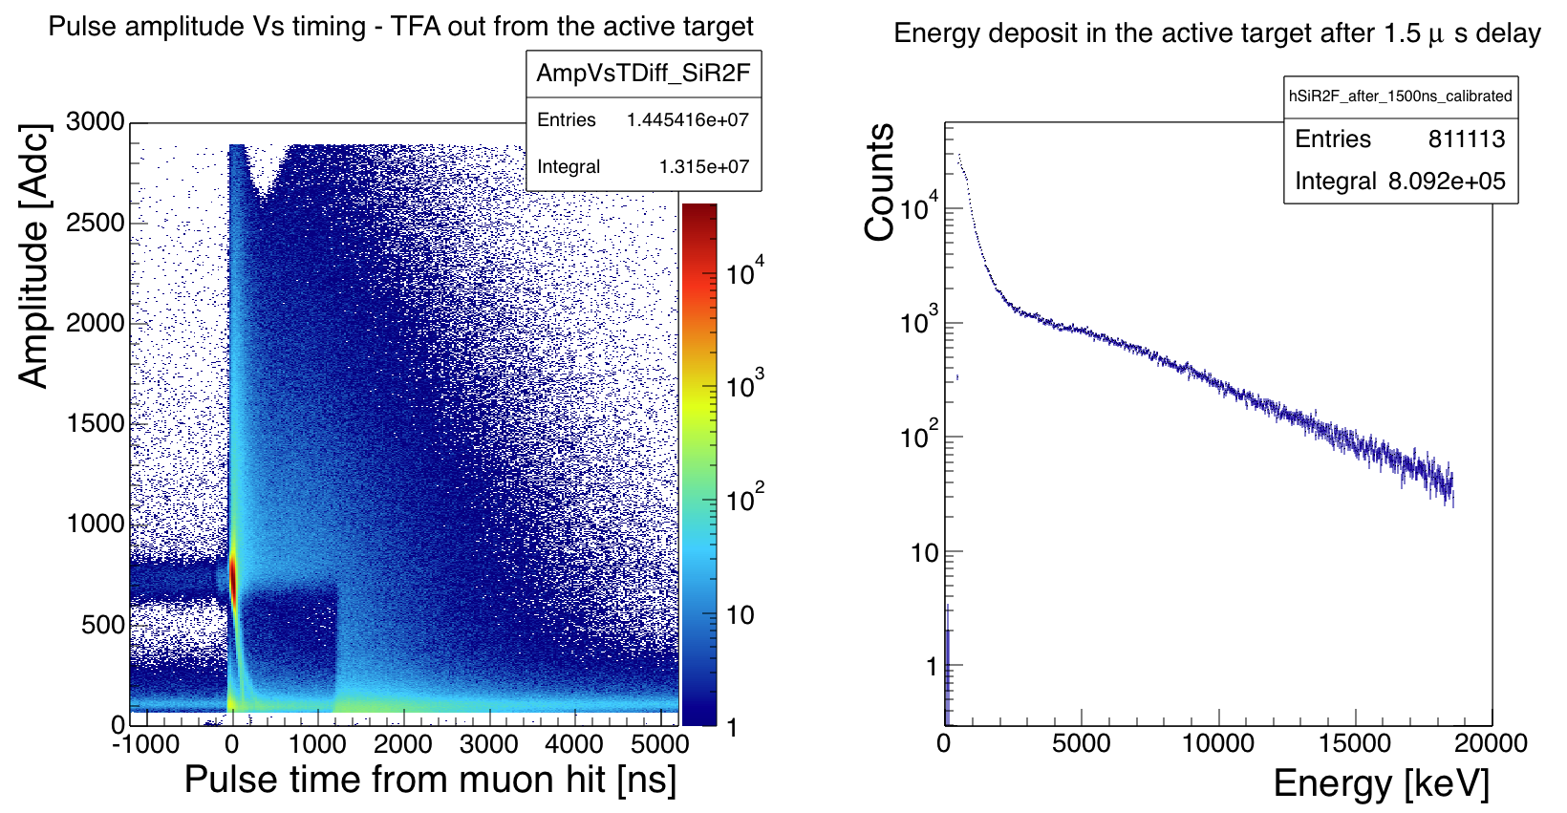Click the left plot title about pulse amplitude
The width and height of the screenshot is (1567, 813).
[400, 26]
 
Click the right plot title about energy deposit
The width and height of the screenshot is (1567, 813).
[1216, 33]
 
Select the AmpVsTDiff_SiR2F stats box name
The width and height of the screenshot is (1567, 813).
[643, 74]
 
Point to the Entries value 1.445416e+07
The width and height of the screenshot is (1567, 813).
[687, 120]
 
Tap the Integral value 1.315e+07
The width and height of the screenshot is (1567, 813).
[703, 167]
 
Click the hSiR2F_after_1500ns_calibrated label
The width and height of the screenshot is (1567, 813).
[1400, 96]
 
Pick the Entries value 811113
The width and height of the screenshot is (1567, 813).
[1466, 139]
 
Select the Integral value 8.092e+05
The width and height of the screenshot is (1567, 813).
[1447, 182]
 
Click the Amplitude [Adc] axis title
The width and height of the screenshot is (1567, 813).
[33, 256]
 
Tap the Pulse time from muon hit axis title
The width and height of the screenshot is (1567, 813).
[430, 780]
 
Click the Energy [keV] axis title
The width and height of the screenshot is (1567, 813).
[1381, 783]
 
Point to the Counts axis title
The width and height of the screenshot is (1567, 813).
[879, 182]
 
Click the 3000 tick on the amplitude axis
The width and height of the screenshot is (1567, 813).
[96, 121]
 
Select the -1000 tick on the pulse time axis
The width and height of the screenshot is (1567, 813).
[145, 743]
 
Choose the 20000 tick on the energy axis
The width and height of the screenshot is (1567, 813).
[1491, 743]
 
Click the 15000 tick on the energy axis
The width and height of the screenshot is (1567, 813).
[1355, 743]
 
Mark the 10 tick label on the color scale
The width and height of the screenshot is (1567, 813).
[741, 614]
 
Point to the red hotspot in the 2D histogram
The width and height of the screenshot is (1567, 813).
[232, 578]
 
